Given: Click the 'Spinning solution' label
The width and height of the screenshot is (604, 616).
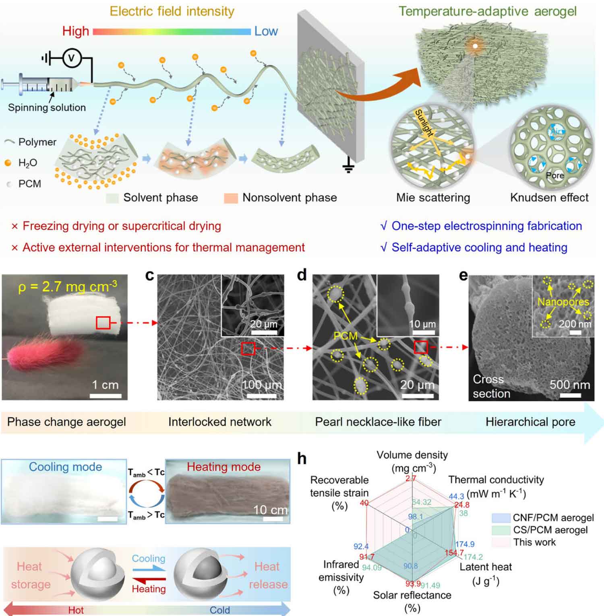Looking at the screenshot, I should [47, 107].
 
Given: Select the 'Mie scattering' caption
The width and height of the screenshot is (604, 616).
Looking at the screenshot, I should [433, 198].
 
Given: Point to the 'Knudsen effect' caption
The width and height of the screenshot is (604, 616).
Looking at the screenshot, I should [549, 198].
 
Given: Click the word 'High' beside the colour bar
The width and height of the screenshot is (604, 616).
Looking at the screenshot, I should [75, 31].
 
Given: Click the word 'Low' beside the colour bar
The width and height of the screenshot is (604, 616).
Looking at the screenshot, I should [266, 31].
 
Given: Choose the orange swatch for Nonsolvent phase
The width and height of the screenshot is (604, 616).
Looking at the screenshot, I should [231, 198].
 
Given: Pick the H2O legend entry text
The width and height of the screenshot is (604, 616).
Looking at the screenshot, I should [28, 163].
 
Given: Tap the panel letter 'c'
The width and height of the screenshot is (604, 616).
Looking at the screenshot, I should [149, 275].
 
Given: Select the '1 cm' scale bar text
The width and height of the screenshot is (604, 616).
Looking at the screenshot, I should [105, 385].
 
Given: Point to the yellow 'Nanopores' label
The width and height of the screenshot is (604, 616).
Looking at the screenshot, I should [563, 301].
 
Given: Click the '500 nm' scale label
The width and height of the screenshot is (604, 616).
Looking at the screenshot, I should [570, 385].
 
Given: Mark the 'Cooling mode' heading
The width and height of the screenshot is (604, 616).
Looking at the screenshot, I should [65, 467].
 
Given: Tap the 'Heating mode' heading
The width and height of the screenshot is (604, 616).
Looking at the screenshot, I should [223, 467].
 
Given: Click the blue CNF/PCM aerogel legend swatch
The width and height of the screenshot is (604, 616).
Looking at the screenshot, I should [501, 518].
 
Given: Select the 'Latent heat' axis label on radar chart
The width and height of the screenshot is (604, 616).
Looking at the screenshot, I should [485, 567].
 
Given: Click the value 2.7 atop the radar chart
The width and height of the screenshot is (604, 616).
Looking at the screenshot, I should [411, 478].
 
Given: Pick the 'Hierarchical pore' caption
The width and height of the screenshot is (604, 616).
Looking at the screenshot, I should [530, 422].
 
